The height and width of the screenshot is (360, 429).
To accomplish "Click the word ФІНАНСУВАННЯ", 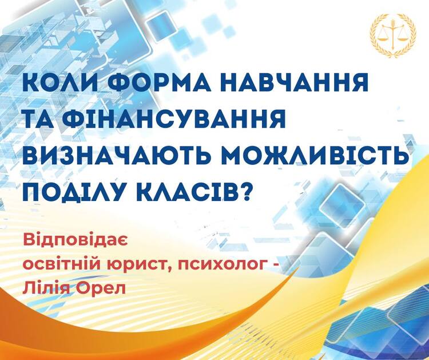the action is [176, 120].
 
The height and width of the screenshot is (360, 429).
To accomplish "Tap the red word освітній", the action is [62, 264].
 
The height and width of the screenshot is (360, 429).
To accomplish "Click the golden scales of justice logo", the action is [393, 35].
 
